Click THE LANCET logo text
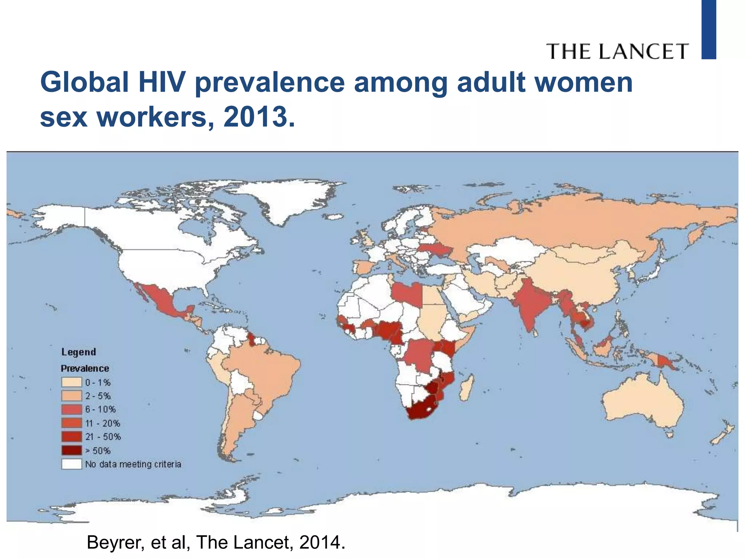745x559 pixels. [617, 51]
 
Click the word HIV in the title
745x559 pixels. [161, 82]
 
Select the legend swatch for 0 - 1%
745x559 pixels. [71, 382]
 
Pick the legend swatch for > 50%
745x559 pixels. [71, 451]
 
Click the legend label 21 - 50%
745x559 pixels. [103, 437]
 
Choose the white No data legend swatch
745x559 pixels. [71, 464]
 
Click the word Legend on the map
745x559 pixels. [79, 352]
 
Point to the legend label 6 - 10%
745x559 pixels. [100, 409]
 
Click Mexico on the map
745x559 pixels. [160, 298]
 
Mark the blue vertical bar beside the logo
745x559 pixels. [709, 29]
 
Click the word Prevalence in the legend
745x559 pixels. [85, 368]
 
